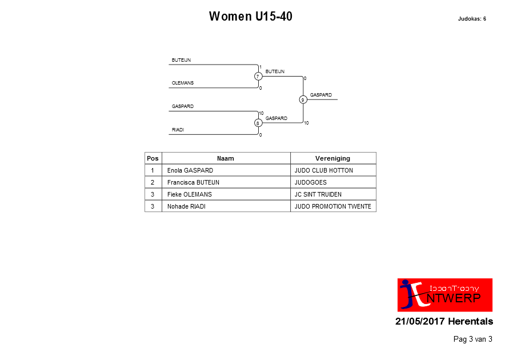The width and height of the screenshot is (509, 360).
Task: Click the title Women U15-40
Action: pos(251,16)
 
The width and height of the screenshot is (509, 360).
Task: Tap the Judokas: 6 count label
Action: pos(472,19)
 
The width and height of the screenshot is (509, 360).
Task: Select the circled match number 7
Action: pos(258,76)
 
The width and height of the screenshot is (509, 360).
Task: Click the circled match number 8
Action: pos(258,123)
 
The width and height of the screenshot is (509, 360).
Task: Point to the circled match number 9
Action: pos(303,99)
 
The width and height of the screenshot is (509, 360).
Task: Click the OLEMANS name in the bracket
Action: pos(183,83)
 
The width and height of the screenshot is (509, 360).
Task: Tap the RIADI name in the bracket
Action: pos(178,130)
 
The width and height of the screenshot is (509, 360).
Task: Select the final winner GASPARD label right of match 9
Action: pos(320,95)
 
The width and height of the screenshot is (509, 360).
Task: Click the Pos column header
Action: pos(153,158)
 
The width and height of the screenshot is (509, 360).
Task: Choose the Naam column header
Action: pos(226,158)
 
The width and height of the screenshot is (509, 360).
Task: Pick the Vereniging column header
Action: pos(332,158)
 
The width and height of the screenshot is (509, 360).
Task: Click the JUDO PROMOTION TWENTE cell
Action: pos(333,206)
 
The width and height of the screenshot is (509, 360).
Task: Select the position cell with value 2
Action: pos(153,182)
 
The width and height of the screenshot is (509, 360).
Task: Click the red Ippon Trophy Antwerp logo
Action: pos(444,295)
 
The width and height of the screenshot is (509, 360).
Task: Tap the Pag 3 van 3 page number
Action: pos(472,339)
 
